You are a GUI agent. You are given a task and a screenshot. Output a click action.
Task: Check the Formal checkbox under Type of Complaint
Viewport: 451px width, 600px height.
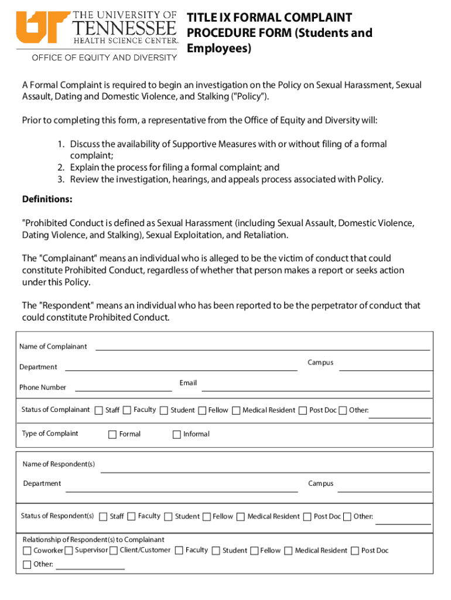(x=112, y=434)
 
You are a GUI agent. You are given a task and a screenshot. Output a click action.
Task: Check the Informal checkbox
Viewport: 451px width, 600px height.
(x=176, y=434)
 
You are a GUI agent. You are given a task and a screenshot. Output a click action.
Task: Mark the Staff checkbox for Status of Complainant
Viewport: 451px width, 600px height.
(x=98, y=410)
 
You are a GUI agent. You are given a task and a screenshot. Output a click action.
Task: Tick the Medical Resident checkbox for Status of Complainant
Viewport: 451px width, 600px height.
(x=236, y=410)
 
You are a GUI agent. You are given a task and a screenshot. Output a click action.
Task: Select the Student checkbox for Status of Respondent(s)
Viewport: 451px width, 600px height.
(x=169, y=516)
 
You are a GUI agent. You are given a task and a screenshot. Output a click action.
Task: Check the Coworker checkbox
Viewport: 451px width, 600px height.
(x=27, y=550)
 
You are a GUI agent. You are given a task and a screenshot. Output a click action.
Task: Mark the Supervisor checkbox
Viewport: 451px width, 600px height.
(x=69, y=550)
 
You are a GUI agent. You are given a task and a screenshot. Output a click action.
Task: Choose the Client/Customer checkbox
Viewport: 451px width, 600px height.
(x=113, y=550)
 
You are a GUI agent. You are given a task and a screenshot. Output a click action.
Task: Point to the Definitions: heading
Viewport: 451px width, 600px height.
(x=47, y=199)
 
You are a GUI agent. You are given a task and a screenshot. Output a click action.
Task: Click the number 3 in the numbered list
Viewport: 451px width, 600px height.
(x=60, y=179)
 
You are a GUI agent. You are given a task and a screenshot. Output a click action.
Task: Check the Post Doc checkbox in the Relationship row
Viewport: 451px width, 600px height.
(x=354, y=550)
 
